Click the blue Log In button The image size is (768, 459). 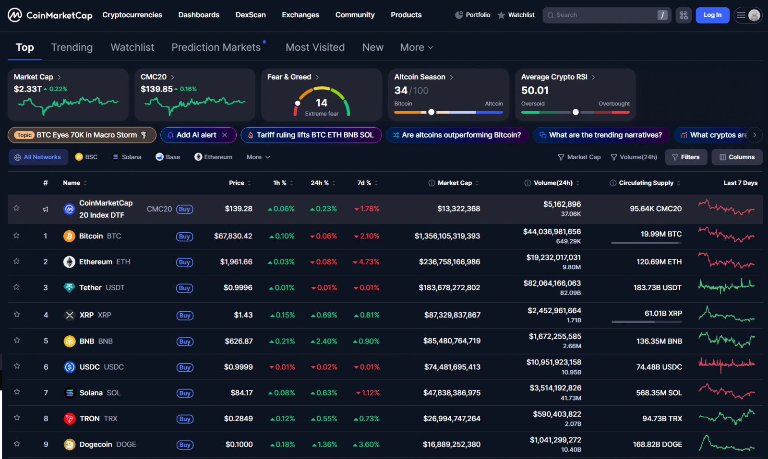pyautogui.click(x=712, y=15)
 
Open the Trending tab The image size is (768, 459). pyautogui.click(x=72, y=47)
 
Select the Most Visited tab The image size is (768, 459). pyautogui.click(x=315, y=47)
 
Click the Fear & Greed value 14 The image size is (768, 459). pyautogui.click(x=321, y=103)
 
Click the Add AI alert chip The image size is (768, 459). pyautogui.click(x=196, y=135)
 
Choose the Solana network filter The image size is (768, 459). pyautogui.click(x=127, y=157)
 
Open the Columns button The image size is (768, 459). pyautogui.click(x=737, y=157)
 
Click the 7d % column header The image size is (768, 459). pyautogui.click(x=364, y=183)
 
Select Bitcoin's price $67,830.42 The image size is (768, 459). pyautogui.click(x=233, y=236)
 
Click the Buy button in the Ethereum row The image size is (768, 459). pyautogui.click(x=184, y=262)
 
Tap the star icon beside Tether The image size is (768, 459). pyautogui.click(x=17, y=287)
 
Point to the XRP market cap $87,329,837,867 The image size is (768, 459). pyautogui.click(x=452, y=315)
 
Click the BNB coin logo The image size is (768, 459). pyautogui.click(x=70, y=341)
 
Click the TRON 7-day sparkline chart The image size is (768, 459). pyautogui.click(x=726, y=417)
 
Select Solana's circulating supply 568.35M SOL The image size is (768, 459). pyautogui.click(x=659, y=393)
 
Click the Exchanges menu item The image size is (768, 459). pyautogui.click(x=300, y=15)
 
